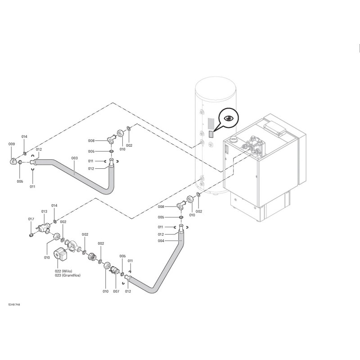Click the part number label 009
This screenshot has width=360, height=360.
(12, 144)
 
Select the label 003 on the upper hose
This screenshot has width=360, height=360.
(74, 158)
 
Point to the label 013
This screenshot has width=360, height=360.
(44, 211)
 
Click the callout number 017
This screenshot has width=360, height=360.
(31, 219)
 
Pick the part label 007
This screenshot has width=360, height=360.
(116, 292)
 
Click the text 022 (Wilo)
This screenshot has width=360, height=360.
(63, 271)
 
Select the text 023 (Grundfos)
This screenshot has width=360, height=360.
(67, 275)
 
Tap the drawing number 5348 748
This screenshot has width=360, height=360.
(14, 305)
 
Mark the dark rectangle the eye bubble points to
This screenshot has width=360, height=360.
(211, 134)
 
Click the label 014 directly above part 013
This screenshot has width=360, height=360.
(54, 205)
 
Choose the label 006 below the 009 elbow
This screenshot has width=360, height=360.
(20, 181)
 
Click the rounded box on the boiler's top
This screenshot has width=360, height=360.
(274, 129)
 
